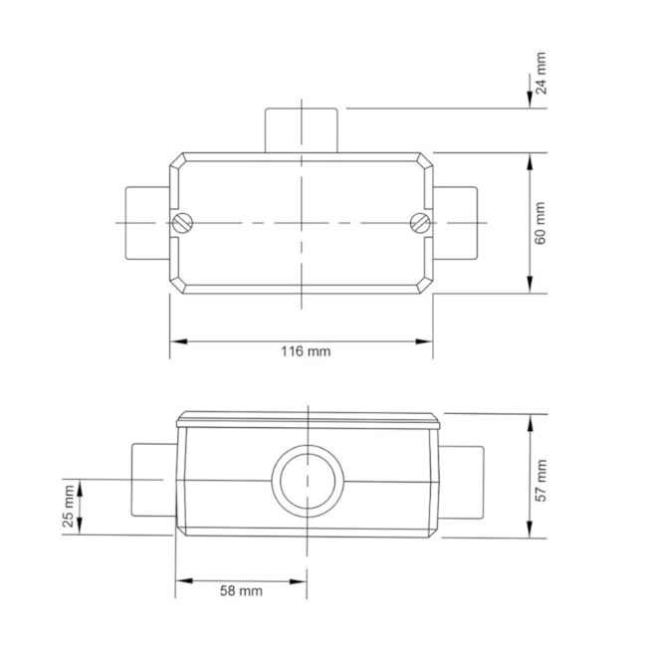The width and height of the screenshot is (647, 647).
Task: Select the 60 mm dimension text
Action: [540, 223]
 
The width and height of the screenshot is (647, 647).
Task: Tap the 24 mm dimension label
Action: [540, 75]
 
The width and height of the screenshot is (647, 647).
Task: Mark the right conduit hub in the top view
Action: [456, 223]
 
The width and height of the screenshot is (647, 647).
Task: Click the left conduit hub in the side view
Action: [153, 481]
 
